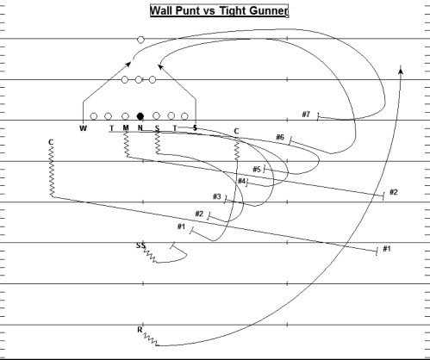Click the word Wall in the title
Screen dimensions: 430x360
pos(161,10)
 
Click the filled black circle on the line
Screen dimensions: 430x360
pos(140,116)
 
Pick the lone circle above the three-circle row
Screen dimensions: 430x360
pos(140,40)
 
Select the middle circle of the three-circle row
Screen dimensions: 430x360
pos(139,79)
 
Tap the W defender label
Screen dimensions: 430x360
pos(83,128)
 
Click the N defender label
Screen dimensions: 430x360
pos(140,127)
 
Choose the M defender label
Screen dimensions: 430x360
pos(126,127)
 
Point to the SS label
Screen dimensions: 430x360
pos(140,245)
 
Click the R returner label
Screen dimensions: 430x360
pos(140,330)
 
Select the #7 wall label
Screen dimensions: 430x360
pos(306,115)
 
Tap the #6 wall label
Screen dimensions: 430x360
pos(280,137)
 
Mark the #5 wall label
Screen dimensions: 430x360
pos(257,170)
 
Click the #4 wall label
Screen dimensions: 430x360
pos(242,181)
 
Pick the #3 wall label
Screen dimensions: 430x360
pos(217,196)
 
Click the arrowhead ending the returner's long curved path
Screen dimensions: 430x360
pos(401,69)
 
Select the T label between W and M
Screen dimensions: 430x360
pos(112,128)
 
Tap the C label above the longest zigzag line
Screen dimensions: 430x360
pos(51,142)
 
